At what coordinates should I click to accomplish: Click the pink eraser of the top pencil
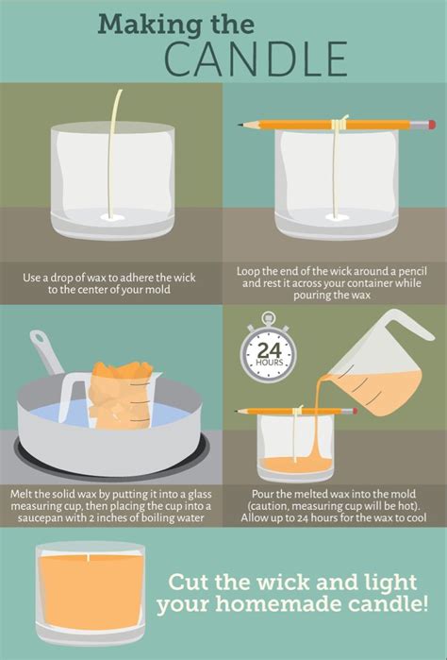pyautogui.click(x=431, y=125)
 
